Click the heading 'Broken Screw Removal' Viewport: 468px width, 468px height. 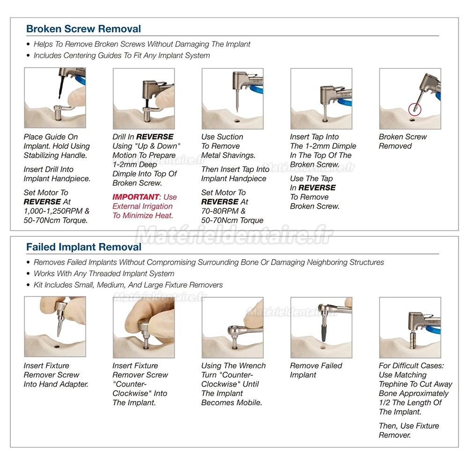point(84,29)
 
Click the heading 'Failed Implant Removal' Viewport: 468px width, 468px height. point(84,247)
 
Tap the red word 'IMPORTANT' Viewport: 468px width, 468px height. point(136,197)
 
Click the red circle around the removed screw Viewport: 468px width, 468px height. point(415,109)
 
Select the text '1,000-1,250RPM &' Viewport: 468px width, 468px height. point(57,211)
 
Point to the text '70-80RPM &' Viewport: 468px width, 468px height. point(223,211)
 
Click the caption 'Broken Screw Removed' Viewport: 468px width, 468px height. point(402,141)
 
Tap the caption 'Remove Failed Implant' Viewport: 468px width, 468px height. point(316,370)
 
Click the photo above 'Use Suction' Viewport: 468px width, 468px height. point(233,98)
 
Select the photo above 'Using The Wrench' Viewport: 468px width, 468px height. point(233,328)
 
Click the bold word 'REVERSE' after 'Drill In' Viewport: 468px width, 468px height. point(154,137)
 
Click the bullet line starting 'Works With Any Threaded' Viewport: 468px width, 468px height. point(104,273)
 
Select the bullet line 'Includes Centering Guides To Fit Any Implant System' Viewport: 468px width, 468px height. point(122,56)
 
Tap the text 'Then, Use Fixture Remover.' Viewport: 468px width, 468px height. point(409,431)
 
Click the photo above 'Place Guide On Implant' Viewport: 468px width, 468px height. point(55,98)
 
